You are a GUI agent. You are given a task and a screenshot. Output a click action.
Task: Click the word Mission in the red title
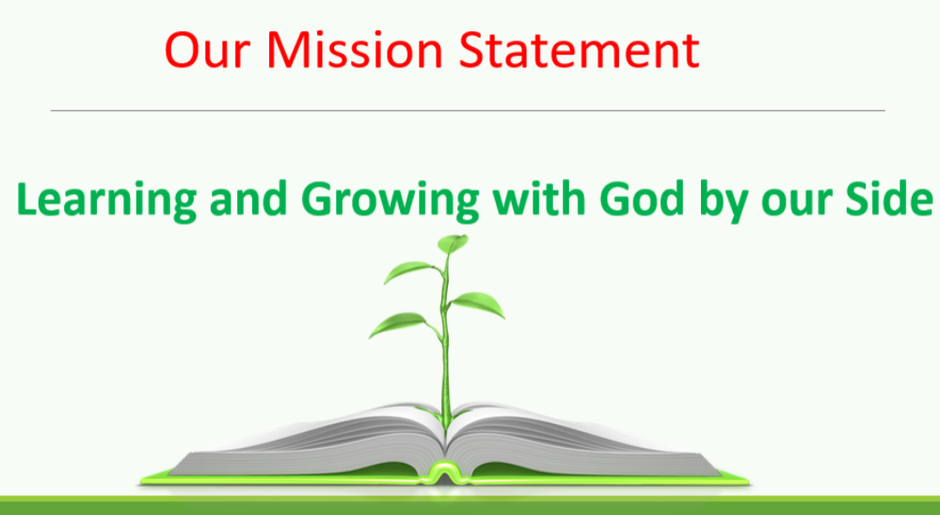click(355, 50)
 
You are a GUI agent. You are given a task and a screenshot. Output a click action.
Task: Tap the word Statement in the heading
click(579, 50)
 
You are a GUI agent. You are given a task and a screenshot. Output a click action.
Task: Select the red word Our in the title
click(207, 50)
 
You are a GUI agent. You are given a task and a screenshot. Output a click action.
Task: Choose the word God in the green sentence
click(642, 199)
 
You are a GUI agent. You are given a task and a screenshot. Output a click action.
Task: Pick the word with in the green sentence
click(538, 199)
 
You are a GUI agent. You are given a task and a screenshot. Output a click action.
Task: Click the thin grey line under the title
click(468, 111)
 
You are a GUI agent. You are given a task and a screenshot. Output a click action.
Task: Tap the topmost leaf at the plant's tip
click(454, 244)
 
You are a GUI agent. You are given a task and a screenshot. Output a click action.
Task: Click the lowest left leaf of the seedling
click(399, 325)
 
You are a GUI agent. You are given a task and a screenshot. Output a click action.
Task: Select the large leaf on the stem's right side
click(478, 304)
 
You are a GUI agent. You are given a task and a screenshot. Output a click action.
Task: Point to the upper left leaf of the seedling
click(409, 271)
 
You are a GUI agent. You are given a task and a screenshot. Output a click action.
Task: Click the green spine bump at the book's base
click(444, 474)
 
